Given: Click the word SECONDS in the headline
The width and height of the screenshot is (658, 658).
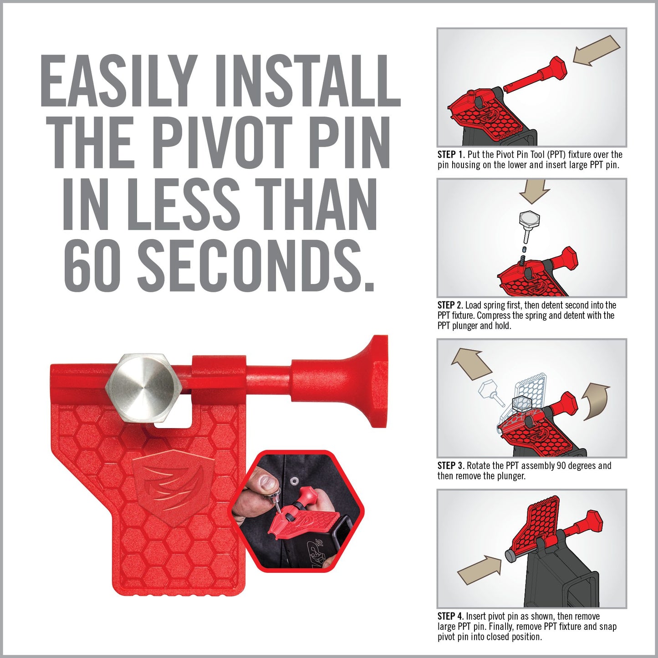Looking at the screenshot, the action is [x=256, y=264].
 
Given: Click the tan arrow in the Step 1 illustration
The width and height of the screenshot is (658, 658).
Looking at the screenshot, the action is [x=596, y=50].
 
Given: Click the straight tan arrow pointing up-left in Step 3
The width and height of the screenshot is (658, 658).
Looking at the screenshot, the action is [x=472, y=364].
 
